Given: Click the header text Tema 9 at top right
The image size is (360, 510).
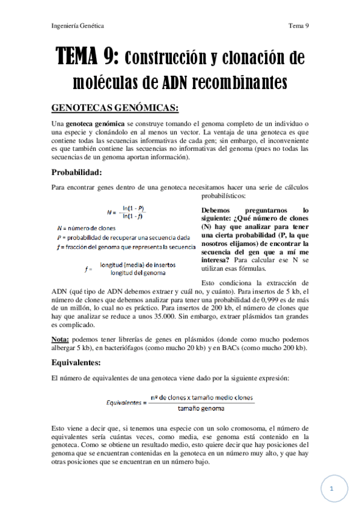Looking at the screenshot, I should pos(298,26).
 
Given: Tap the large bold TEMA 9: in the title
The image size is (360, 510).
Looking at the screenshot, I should pos(91,58).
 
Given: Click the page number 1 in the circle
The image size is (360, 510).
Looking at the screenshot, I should pos(331,490).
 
